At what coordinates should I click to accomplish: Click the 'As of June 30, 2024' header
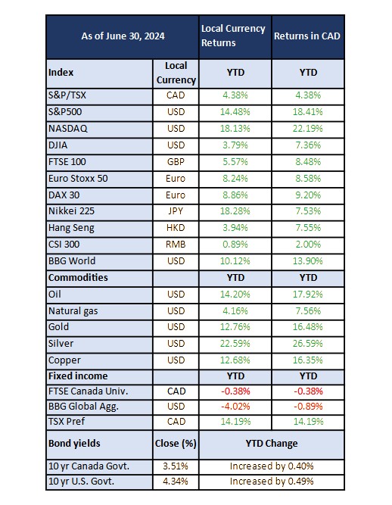123,36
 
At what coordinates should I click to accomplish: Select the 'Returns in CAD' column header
307,36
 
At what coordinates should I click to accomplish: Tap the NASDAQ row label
68,129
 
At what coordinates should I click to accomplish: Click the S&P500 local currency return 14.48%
235,112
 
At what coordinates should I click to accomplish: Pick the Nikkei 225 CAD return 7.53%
308,211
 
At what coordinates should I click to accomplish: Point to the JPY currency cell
176,211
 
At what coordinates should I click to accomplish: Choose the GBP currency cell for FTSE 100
176,162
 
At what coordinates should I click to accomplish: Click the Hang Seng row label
71,228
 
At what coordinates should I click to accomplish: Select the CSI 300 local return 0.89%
235,244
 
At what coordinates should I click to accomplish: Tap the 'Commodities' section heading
78,278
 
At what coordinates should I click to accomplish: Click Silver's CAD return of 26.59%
308,343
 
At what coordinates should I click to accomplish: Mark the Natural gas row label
73,311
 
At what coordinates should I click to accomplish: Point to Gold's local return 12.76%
235,326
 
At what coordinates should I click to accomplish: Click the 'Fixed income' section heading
78,376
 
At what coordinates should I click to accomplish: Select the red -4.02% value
235,406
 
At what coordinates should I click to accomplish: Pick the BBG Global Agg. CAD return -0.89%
308,406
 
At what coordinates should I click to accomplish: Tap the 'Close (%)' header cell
176,444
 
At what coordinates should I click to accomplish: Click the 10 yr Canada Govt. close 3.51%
176,466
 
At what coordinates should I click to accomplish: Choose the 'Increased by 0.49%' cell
272,482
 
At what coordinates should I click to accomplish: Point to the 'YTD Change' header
272,444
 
